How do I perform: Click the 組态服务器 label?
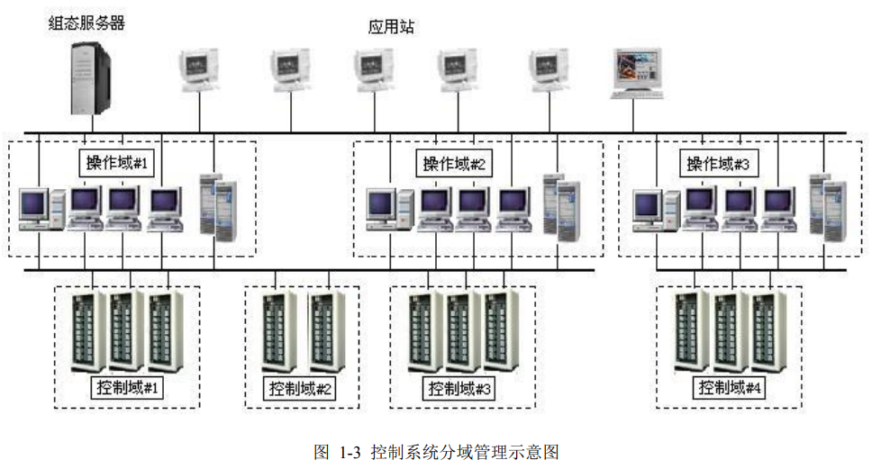pos(86,23)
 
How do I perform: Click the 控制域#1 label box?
pos(127,388)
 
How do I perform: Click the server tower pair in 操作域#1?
pos(220,205)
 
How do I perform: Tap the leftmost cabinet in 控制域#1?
pos(88,331)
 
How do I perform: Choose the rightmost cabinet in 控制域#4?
pos(767,331)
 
